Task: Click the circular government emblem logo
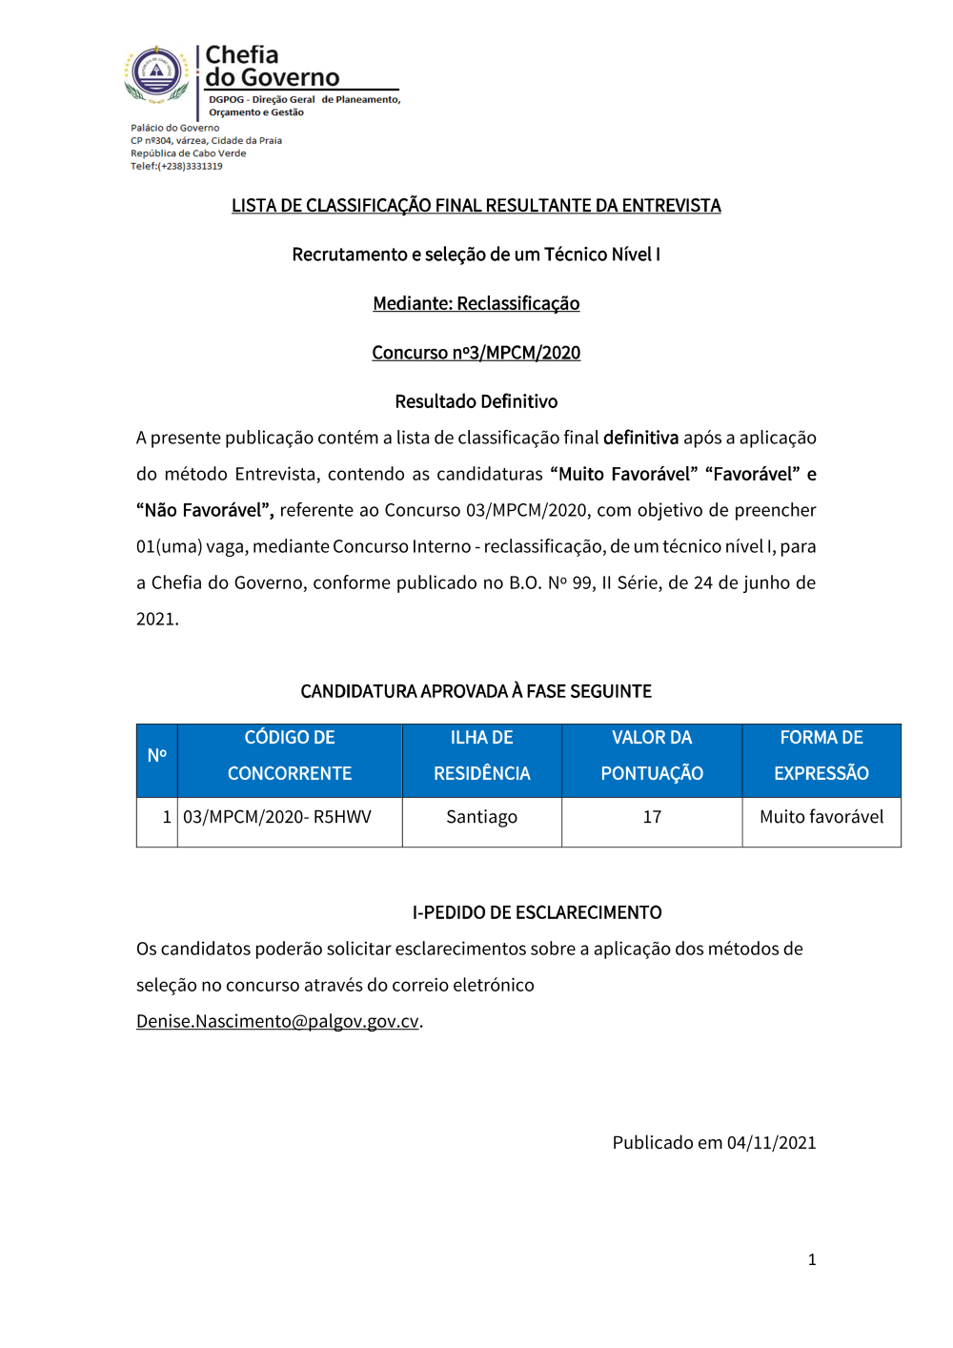[x=157, y=73]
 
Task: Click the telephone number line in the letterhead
[x=176, y=166]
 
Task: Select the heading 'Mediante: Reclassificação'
[x=476, y=303]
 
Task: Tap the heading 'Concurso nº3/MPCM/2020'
[x=476, y=353]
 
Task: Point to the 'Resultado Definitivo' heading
[x=476, y=401]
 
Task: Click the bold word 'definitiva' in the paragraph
[x=640, y=438]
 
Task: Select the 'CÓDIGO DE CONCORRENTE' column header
[x=290, y=755]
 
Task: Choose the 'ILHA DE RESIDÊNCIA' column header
[x=481, y=755]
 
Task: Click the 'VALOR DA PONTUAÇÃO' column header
[x=652, y=755]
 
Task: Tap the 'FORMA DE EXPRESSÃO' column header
[x=821, y=755]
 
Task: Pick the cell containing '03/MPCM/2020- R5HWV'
[x=277, y=817]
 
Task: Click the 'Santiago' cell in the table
[x=481, y=817]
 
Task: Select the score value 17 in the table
[x=652, y=817]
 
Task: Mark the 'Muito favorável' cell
[x=821, y=817]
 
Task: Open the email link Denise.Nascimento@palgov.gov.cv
[x=277, y=1021]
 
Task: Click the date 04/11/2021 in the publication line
[x=771, y=1142]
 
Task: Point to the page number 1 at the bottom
[x=812, y=1259]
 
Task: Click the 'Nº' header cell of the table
[x=157, y=755]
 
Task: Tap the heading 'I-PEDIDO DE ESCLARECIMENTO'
[x=537, y=912]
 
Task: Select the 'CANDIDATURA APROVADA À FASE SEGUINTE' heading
[x=476, y=691]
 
